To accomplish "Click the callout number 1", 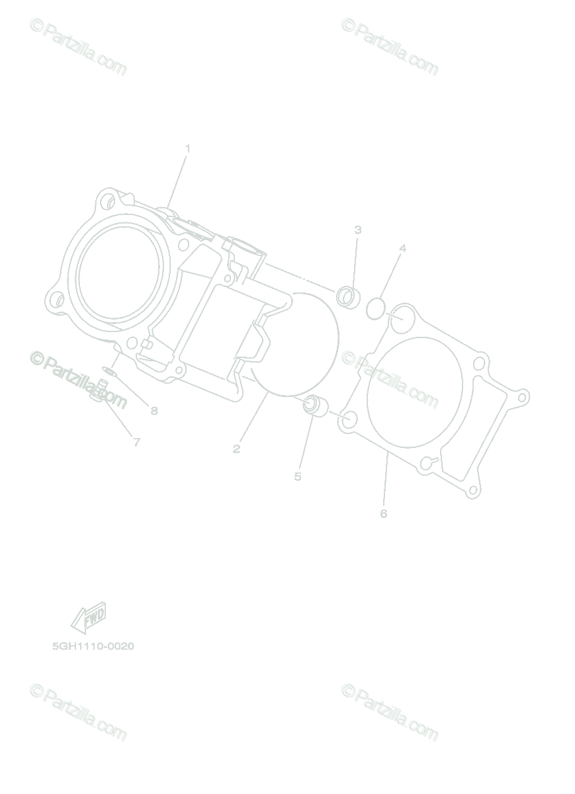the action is click(188, 148).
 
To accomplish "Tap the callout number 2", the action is click(236, 449).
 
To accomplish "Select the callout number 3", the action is click(358, 230).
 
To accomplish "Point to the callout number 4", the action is click(402, 248).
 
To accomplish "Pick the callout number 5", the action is click(298, 477).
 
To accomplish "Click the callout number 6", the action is click(384, 513).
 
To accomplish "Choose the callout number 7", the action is click(137, 442).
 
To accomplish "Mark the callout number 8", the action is click(154, 411).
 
